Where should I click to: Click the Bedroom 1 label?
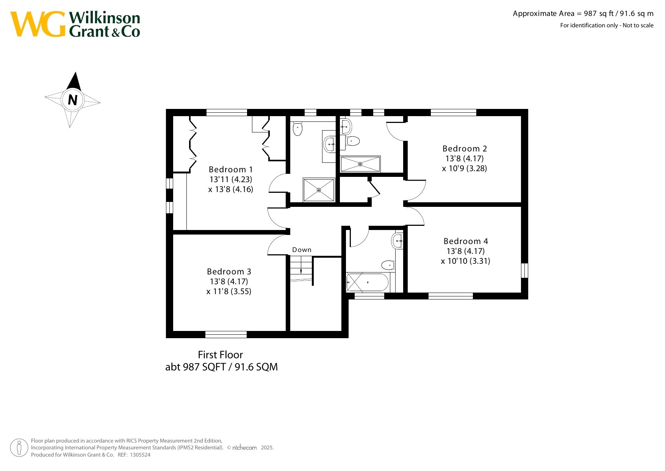[x=230, y=170]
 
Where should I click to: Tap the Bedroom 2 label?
[x=465, y=149]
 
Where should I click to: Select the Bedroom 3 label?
[x=229, y=272]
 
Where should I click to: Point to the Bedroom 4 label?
[x=466, y=241]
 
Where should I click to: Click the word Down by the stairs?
[x=302, y=250]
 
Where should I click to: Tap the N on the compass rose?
[x=72, y=100]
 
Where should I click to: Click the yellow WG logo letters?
[x=38, y=24]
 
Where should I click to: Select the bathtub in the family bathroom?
[x=367, y=282]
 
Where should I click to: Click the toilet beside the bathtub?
[x=388, y=265]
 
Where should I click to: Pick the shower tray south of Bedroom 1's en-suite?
[x=319, y=190]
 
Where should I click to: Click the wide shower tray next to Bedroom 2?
[x=360, y=164]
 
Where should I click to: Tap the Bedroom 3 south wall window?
[x=226, y=335]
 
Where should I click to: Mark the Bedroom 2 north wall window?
[x=453, y=112]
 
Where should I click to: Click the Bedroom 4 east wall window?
[x=524, y=271]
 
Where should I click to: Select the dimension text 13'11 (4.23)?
[x=231, y=180]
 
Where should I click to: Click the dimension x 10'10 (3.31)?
[x=466, y=261]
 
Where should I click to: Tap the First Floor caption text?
[x=220, y=355]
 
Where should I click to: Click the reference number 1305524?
[x=140, y=455]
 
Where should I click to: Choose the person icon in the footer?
[x=19, y=448]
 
